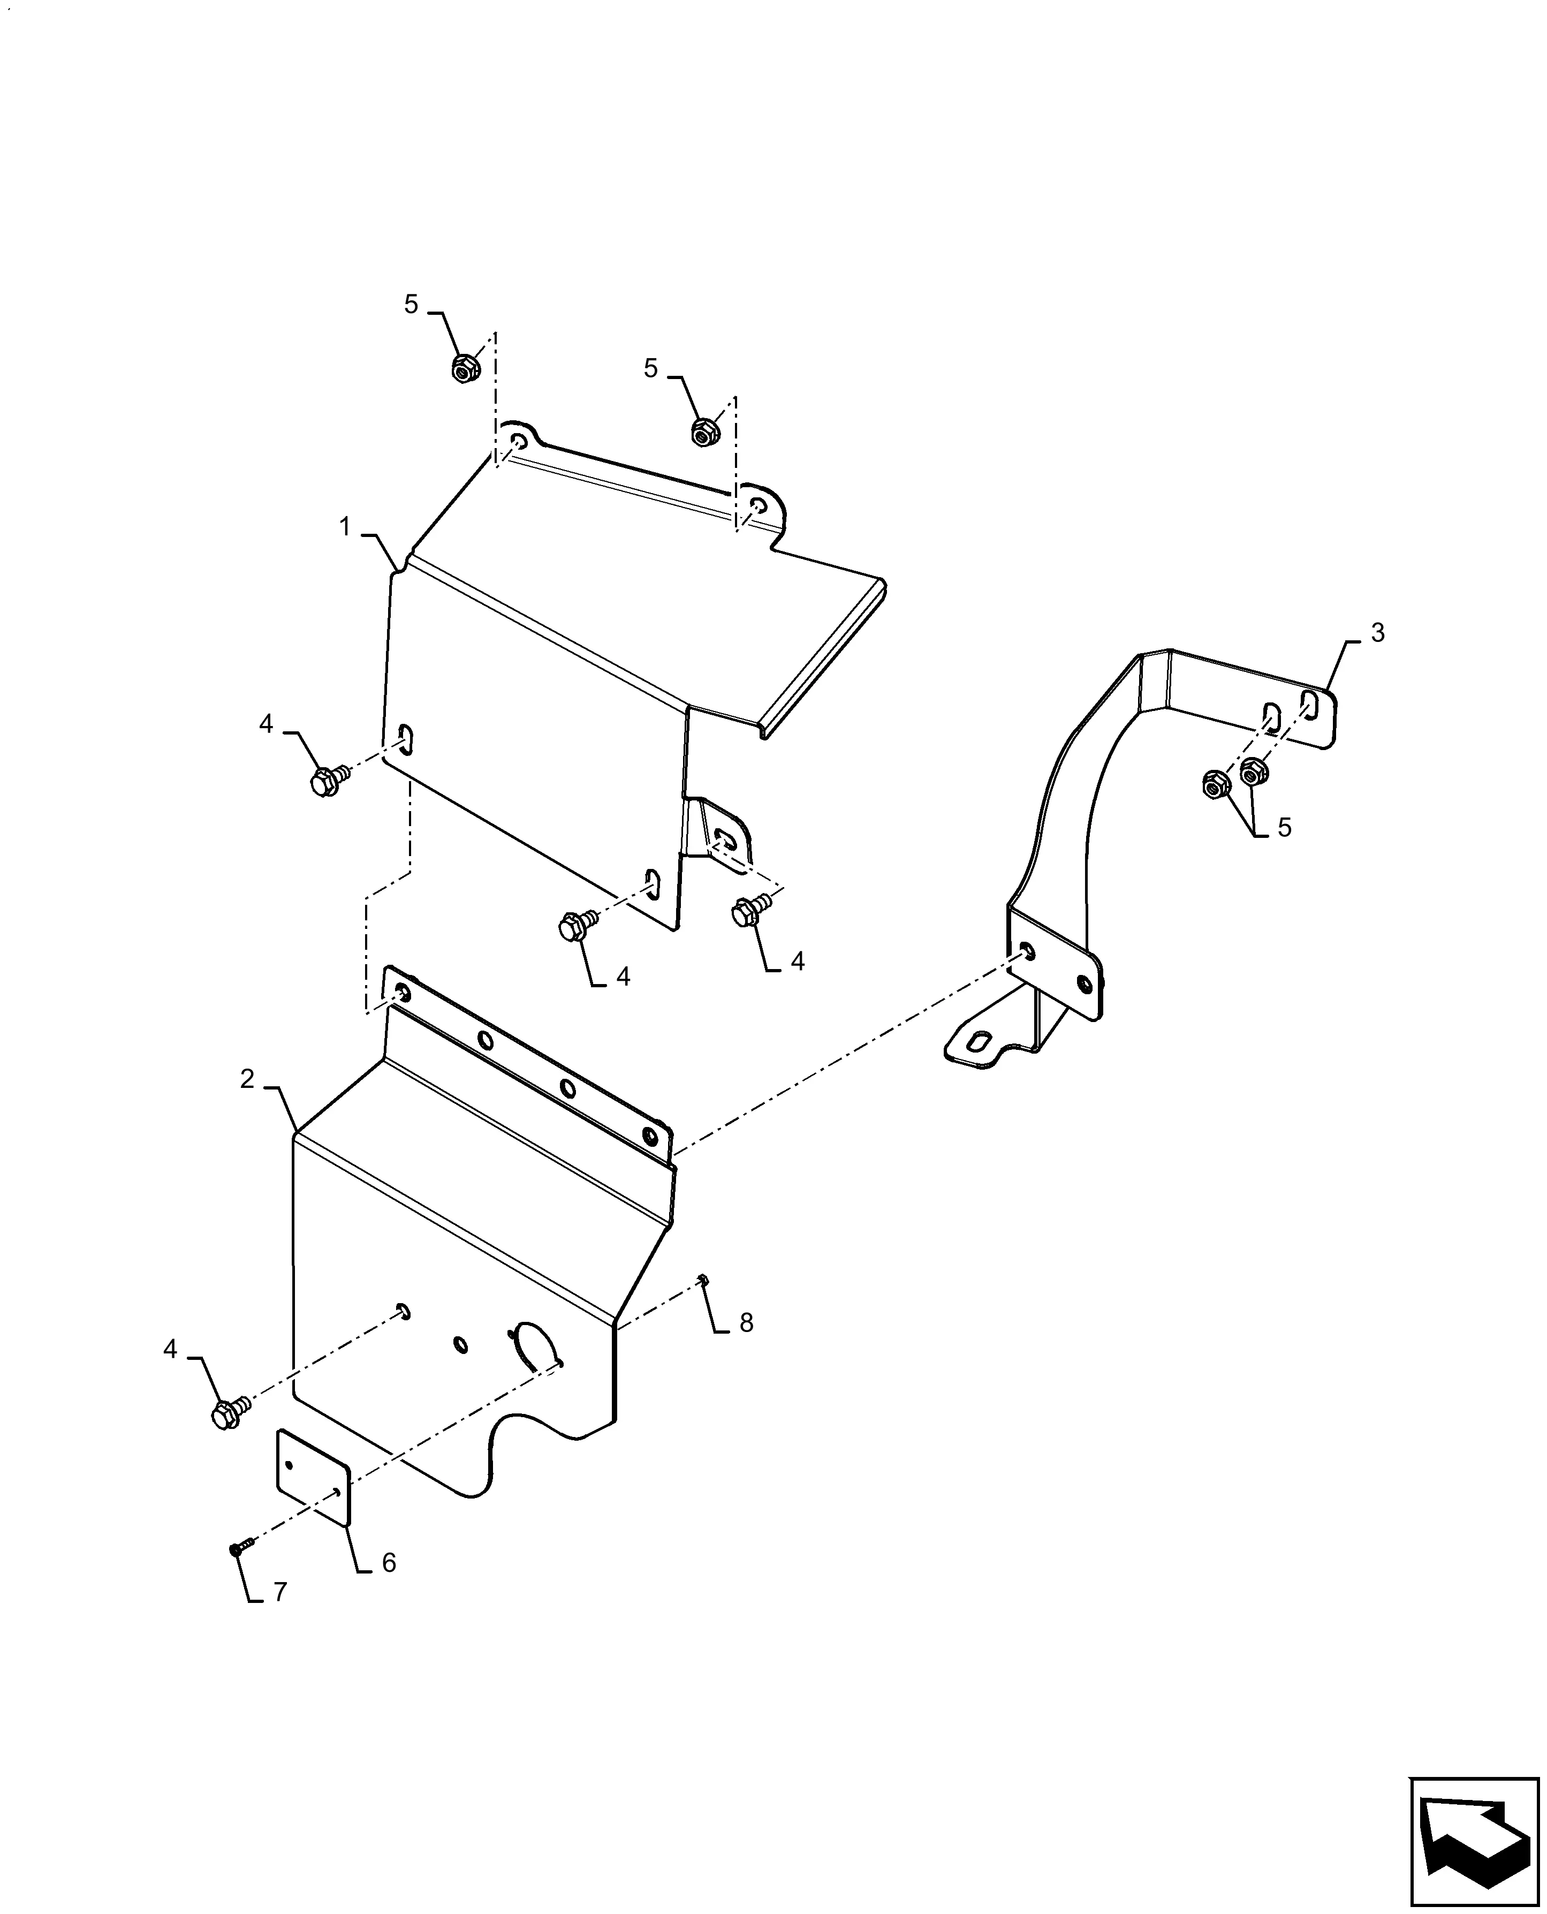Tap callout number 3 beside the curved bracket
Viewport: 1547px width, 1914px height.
point(1378,633)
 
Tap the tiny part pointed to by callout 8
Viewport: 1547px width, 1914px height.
point(703,1281)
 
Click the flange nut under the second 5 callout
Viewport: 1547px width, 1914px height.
point(705,432)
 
